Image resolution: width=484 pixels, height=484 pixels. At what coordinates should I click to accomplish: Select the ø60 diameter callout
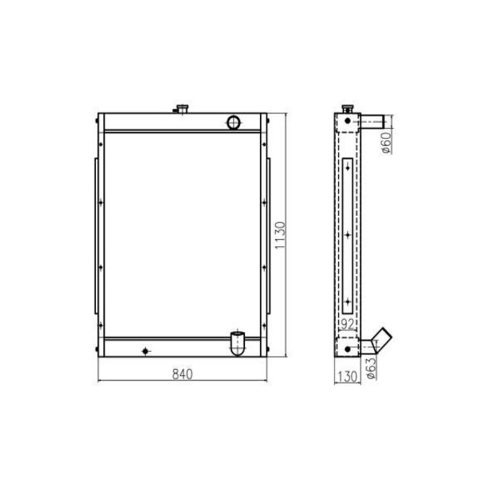coord(385,143)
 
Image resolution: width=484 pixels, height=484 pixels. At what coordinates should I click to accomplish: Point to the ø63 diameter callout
coord(371,367)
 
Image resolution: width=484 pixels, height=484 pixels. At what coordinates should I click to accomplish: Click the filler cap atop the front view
coord(182,109)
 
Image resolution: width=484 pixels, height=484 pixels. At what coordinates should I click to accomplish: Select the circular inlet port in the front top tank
coord(234,122)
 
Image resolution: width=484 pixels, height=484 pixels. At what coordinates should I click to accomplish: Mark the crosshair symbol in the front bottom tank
coord(145,351)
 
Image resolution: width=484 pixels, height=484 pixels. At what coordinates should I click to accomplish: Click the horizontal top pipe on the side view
coord(372,122)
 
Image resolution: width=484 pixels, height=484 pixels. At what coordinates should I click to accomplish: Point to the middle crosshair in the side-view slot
coord(348,234)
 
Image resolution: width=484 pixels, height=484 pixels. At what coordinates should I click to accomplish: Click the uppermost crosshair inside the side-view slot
coord(348,168)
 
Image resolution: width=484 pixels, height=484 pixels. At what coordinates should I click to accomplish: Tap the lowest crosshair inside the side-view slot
coord(348,302)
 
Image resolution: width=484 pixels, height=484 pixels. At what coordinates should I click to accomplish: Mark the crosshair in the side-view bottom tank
coord(347,350)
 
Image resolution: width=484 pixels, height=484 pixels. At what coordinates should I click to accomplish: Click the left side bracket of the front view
coord(96,236)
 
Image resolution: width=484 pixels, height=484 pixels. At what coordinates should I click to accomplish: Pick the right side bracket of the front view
coord(268,236)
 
